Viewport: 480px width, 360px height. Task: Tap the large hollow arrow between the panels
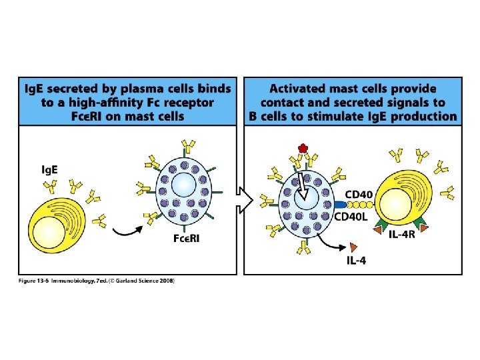(x=245, y=199)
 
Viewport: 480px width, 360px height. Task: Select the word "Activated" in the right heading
(x=299, y=88)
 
